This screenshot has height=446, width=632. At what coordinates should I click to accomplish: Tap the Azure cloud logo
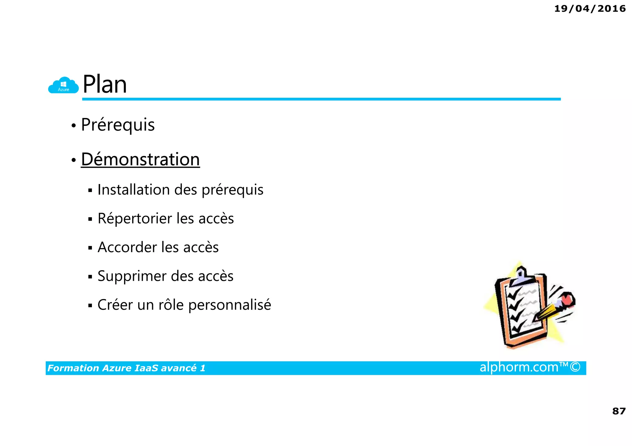[x=64, y=85]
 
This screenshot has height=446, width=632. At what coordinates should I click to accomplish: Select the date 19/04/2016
[x=590, y=9]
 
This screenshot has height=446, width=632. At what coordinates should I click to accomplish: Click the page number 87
[x=619, y=411]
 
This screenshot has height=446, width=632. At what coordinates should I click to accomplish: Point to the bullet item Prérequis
[x=118, y=125]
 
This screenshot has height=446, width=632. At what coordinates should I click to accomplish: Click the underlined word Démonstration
[x=140, y=159]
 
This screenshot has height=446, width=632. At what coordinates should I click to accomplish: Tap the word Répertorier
[x=135, y=218]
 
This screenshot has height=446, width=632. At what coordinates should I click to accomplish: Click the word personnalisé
[x=230, y=305]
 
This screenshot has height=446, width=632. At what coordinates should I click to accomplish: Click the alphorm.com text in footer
[x=519, y=367]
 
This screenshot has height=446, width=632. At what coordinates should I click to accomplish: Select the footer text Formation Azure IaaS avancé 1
[x=126, y=368]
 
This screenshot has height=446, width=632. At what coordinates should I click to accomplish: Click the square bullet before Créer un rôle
[x=90, y=306]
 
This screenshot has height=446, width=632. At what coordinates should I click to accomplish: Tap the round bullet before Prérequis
[x=73, y=126]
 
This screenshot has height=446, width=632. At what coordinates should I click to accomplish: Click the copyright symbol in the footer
[x=575, y=367]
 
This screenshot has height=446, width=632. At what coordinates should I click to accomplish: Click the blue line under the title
[x=321, y=99]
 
